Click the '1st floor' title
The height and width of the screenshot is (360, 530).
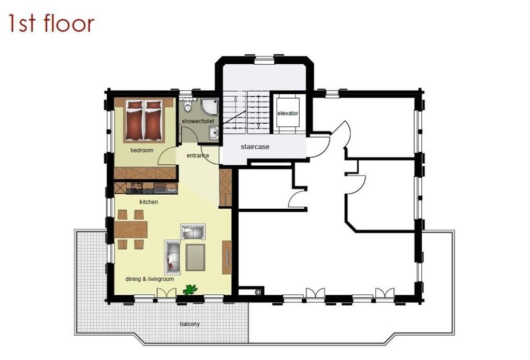pyautogui.click(x=51, y=24)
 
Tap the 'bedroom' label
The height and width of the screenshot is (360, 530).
pyautogui.click(x=142, y=150)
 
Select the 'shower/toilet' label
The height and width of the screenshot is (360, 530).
pyautogui.click(x=198, y=121)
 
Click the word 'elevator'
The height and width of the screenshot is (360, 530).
pyautogui.click(x=288, y=113)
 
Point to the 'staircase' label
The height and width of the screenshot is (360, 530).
pyautogui.click(x=255, y=147)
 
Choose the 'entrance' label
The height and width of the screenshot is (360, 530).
pyautogui.click(x=198, y=155)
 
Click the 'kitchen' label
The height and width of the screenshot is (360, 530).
pyautogui.click(x=149, y=202)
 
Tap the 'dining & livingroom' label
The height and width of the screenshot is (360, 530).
pyautogui.click(x=150, y=279)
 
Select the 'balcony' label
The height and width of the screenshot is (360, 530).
pyautogui.click(x=189, y=324)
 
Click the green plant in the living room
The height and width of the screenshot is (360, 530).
pyautogui.click(x=190, y=290)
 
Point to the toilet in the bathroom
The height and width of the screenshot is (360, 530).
pyautogui.click(x=187, y=106)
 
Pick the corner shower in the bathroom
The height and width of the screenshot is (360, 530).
pyautogui.click(x=210, y=106)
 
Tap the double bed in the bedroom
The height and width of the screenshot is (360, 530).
pyautogui.click(x=144, y=120)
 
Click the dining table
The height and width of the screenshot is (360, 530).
pyautogui.click(x=131, y=229)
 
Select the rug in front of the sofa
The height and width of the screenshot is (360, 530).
pyautogui.click(x=195, y=257)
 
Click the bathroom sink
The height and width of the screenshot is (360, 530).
pyautogui.click(x=214, y=132)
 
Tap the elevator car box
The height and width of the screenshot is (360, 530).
pyautogui.click(x=288, y=113)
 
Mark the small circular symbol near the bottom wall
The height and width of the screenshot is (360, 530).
pyautogui.click(x=259, y=292)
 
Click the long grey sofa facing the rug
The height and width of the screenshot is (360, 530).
pyautogui.click(x=172, y=257)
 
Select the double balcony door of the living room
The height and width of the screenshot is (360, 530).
pyautogui.click(x=167, y=293)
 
